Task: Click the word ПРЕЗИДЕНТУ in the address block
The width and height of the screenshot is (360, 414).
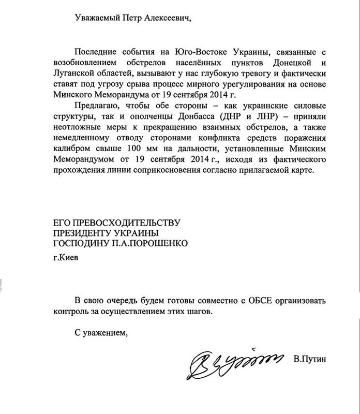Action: click(86, 232)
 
